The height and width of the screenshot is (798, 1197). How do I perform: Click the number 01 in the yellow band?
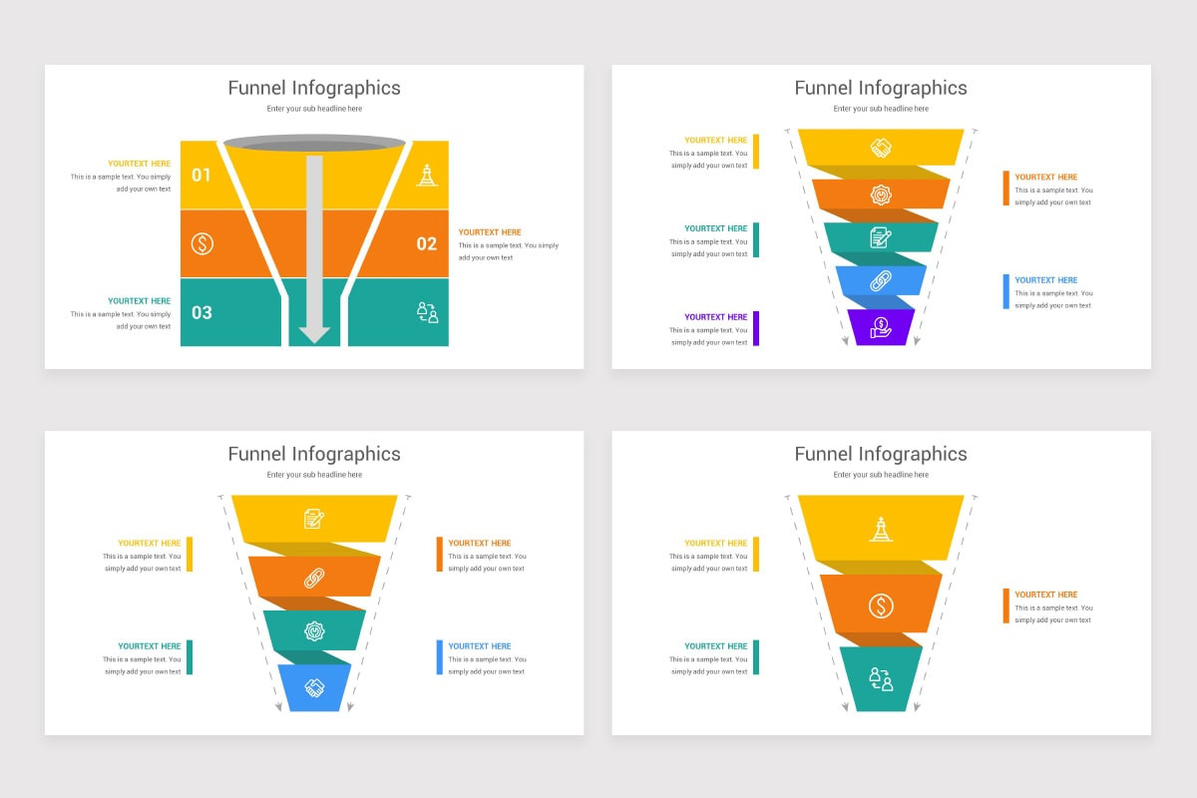click(x=200, y=175)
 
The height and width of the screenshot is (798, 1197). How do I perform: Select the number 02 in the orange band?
click(x=427, y=243)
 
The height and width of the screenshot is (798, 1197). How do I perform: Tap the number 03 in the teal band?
click(x=201, y=312)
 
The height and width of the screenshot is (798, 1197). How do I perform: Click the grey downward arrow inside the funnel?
click(x=314, y=249)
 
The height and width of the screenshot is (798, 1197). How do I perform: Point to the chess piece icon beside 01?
click(x=427, y=176)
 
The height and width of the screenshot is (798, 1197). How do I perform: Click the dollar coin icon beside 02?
click(x=201, y=243)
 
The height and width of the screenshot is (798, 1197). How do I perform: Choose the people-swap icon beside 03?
click(x=427, y=312)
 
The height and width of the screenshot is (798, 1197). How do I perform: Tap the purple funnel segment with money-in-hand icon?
click(x=881, y=327)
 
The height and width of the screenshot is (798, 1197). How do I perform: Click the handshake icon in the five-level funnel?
click(x=881, y=148)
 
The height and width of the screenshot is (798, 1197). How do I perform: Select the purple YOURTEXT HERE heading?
click(x=715, y=317)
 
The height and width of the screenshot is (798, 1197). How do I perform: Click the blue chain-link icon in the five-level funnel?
click(x=881, y=280)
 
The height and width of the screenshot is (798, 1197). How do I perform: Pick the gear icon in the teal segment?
click(x=314, y=631)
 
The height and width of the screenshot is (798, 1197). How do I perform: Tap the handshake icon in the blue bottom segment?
click(x=314, y=688)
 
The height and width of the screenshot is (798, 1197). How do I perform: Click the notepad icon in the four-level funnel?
click(x=313, y=519)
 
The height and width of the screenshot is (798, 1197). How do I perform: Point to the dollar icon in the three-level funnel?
click(x=881, y=606)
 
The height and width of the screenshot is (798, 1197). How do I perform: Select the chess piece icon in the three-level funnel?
click(x=881, y=529)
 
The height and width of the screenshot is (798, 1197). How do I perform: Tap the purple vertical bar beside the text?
click(x=756, y=328)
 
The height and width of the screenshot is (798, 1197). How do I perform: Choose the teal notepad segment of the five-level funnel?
click(x=881, y=237)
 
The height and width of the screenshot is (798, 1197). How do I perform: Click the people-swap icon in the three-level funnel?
click(x=881, y=679)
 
